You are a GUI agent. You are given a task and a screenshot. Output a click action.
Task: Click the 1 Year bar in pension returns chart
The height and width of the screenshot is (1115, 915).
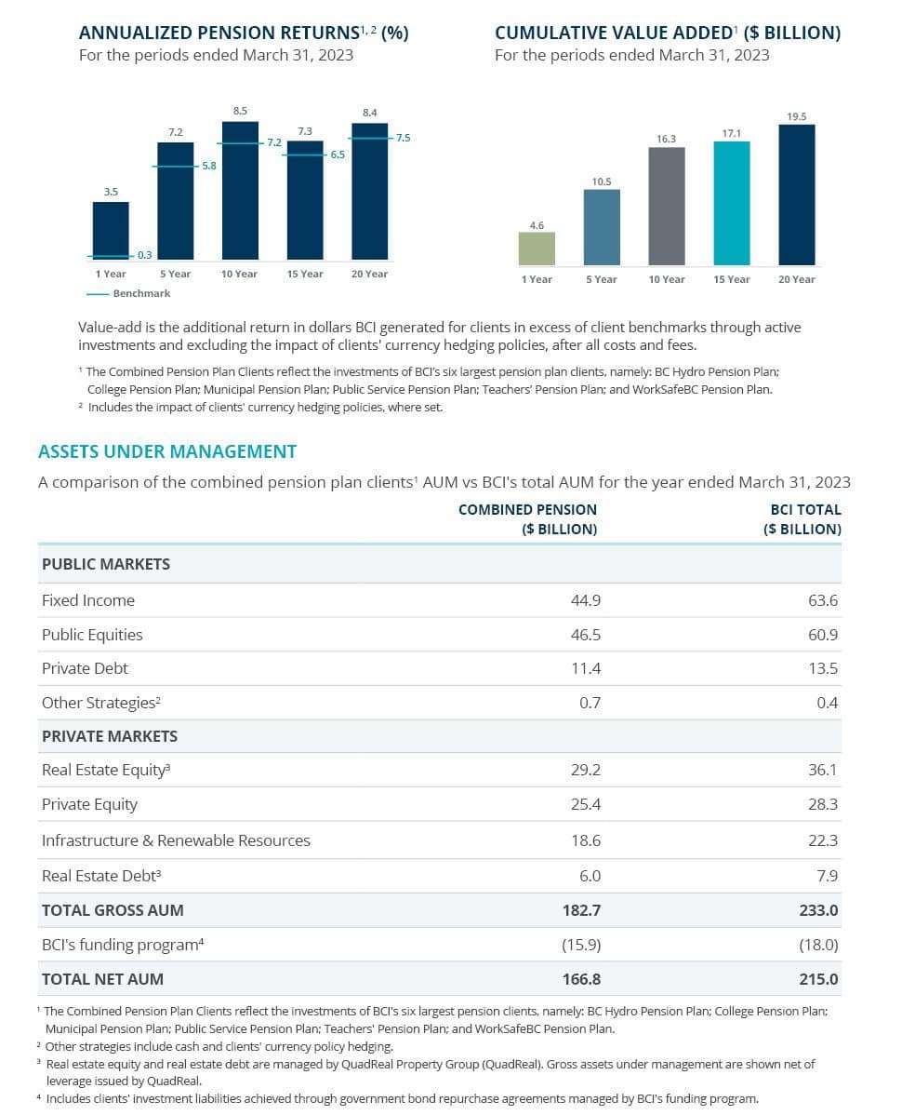[111, 230]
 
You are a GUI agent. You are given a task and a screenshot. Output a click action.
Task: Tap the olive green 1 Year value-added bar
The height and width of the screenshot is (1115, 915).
[537, 249]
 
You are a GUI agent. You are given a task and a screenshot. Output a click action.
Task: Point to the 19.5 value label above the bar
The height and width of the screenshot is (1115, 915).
[796, 116]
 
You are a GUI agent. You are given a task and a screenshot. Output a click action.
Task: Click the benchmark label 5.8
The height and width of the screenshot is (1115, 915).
[209, 166]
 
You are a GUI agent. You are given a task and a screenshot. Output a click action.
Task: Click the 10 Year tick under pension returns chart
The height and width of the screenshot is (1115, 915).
[239, 274]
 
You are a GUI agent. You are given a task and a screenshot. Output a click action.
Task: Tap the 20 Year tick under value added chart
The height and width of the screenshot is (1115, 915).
[796, 279]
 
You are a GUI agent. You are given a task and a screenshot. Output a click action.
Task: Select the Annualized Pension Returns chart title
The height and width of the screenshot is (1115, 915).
[244, 33]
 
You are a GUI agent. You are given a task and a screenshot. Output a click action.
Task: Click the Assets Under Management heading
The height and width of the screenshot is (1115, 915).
[167, 451]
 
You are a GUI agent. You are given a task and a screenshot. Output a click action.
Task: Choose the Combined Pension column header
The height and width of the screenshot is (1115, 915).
[527, 519]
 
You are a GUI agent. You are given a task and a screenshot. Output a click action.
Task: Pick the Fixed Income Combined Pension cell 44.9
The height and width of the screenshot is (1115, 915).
[586, 600]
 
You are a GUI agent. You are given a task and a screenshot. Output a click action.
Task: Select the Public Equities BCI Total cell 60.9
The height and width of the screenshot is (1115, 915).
[823, 635]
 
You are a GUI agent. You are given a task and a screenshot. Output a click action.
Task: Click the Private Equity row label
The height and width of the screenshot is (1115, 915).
[89, 804]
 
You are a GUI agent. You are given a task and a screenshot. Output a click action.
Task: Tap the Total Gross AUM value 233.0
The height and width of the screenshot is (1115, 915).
[818, 910]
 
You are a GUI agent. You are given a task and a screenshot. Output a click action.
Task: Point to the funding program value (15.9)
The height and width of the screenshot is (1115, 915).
[581, 945]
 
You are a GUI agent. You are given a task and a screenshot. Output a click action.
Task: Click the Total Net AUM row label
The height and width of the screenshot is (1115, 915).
[102, 979]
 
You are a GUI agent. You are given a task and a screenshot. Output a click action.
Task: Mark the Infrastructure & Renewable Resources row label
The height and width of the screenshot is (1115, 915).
[176, 840]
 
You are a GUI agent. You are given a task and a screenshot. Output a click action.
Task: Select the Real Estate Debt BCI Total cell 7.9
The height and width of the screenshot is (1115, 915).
[827, 876]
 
